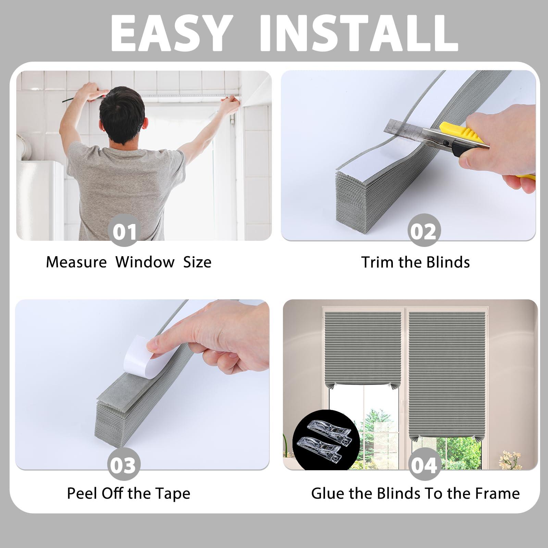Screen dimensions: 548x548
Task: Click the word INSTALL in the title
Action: tap(359, 33)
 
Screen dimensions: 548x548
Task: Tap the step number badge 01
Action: tap(124, 231)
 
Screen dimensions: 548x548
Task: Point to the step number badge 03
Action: tap(124, 465)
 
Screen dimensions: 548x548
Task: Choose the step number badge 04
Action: tap(424, 465)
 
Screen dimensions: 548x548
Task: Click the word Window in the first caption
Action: tap(145, 262)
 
